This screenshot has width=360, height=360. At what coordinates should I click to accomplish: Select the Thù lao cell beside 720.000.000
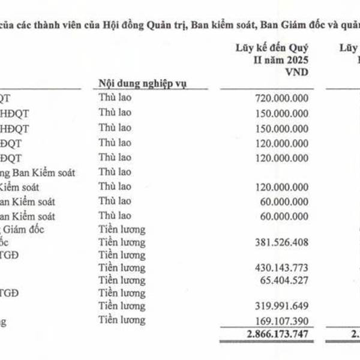(x=114, y=98)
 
